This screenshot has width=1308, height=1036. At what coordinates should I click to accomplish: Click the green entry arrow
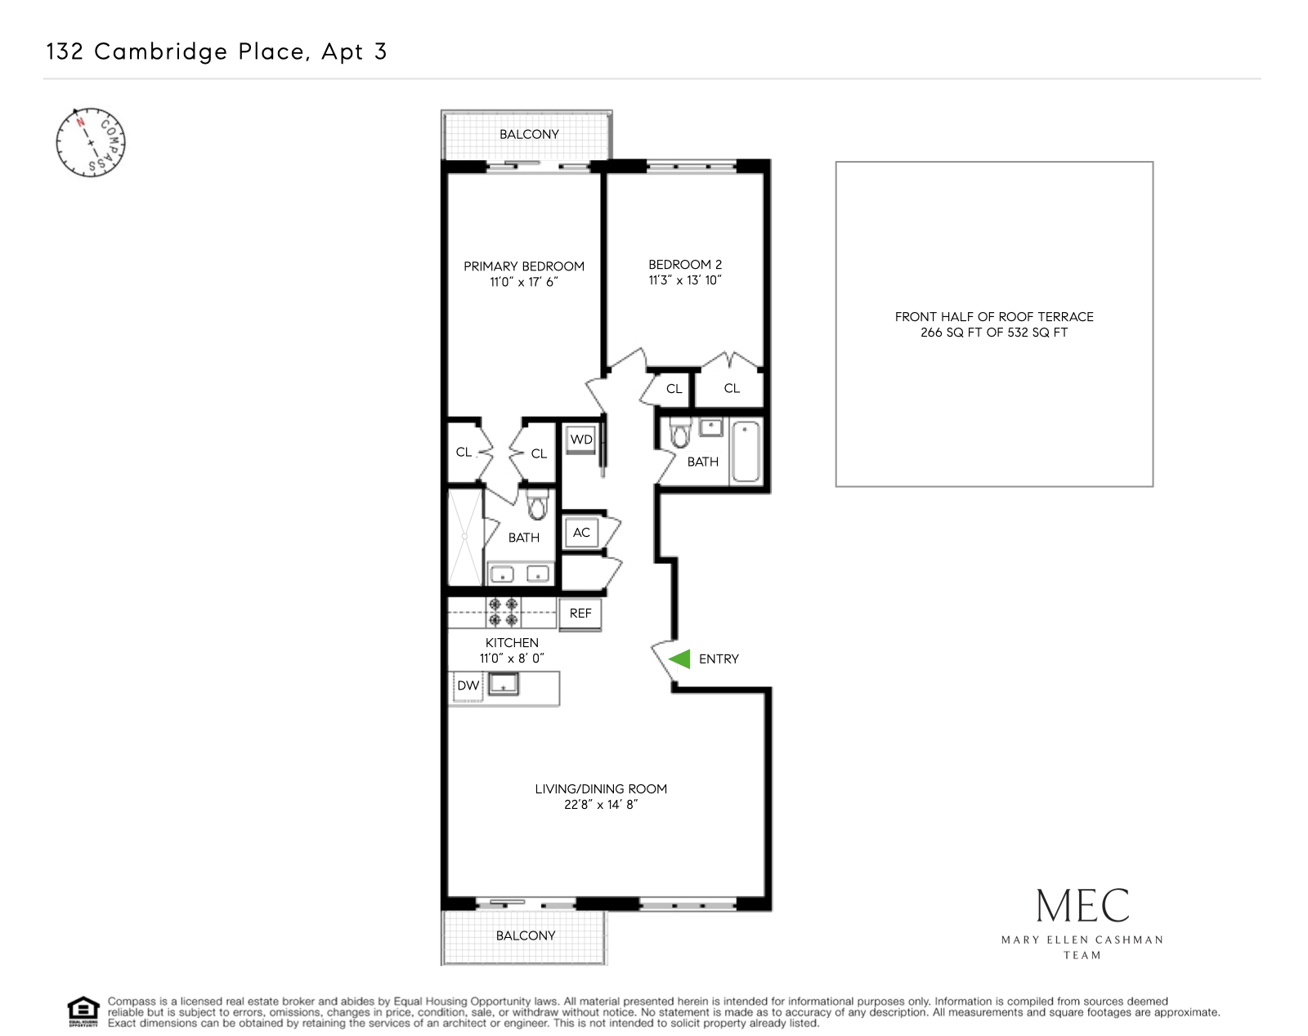[680, 659]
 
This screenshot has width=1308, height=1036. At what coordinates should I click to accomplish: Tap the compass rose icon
[90, 142]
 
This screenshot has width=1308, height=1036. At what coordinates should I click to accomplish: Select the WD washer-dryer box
[581, 440]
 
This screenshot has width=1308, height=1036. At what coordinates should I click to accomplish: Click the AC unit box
[581, 533]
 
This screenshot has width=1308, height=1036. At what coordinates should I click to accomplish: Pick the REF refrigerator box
[580, 614]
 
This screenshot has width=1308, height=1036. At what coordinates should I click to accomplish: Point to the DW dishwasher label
[468, 685]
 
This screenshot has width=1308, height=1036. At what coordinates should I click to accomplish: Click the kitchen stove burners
[503, 612]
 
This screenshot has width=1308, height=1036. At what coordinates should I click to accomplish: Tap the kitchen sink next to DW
[504, 685]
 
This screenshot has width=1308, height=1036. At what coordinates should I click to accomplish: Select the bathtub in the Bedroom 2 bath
[746, 452]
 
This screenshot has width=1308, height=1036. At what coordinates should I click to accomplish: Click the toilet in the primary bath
[536, 506]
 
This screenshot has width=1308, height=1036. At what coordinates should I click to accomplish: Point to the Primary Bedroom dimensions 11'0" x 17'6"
[523, 282]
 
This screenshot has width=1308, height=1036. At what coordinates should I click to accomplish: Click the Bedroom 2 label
[685, 265]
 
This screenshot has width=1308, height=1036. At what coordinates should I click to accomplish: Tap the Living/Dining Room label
[601, 789]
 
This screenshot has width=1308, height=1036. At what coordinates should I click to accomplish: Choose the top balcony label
[529, 135]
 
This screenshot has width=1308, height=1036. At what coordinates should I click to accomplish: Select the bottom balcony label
[526, 936]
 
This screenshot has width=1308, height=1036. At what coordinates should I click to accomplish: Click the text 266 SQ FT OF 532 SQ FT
[993, 333]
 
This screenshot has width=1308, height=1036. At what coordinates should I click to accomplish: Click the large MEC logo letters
[1082, 906]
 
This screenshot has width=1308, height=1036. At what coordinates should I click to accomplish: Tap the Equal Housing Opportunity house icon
[83, 1011]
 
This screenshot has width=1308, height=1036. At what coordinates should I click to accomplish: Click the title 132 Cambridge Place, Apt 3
[217, 51]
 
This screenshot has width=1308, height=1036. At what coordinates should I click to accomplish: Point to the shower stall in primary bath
[464, 537]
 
